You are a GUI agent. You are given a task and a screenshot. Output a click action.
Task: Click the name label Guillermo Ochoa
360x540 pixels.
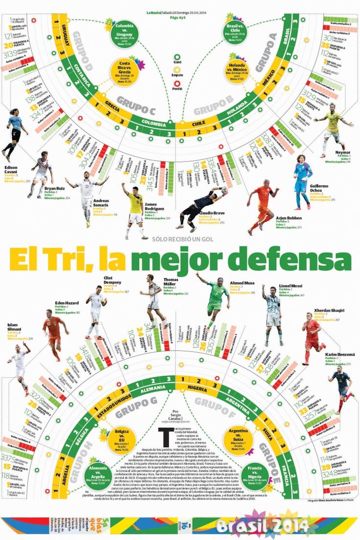[x=319, y=188]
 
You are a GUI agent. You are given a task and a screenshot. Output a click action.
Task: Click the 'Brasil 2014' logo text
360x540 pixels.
[x=262, y=525]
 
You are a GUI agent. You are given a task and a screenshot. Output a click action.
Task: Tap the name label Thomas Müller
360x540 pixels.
[x=171, y=283]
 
